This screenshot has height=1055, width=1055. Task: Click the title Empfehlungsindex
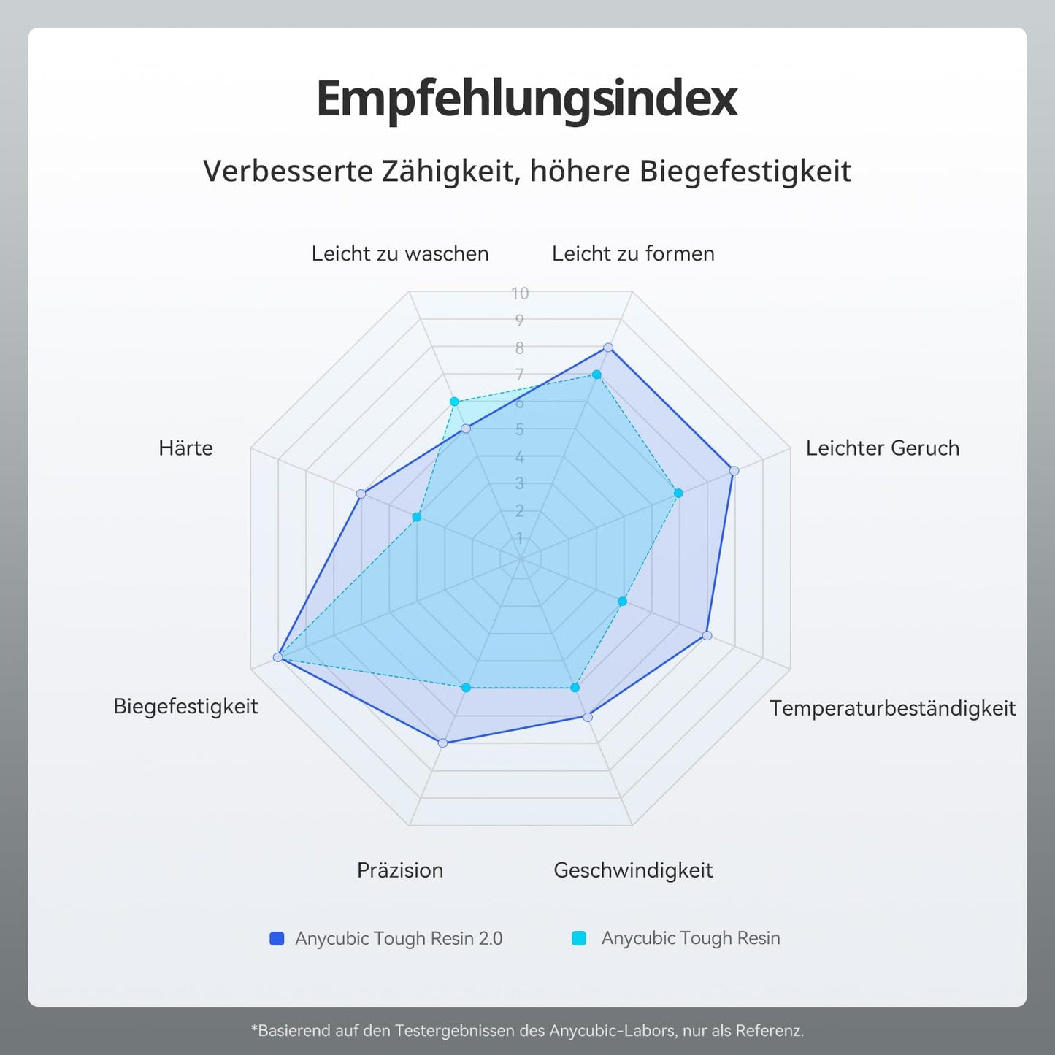click(x=526, y=99)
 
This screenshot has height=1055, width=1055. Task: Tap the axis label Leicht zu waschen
click(x=400, y=253)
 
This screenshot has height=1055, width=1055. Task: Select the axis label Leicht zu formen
click(x=633, y=253)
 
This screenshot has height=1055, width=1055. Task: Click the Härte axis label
click(x=185, y=448)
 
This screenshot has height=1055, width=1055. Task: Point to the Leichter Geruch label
click(x=882, y=448)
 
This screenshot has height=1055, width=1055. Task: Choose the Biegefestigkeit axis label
click(x=185, y=706)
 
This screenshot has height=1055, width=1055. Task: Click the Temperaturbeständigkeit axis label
click(x=892, y=707)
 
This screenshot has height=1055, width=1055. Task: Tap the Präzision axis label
click(x=400, y=870)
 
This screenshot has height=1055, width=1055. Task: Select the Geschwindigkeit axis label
click(x=633, y=870)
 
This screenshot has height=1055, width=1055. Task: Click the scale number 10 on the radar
click(x=520, y=293)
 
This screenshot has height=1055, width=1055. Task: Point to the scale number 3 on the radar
click(x=520, y=483)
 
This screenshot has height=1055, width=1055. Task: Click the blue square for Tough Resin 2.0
click(x=277, y=938)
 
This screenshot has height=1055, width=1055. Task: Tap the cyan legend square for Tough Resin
click(x=579, y=938)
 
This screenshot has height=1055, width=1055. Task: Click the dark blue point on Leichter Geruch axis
click(x=734, y=471)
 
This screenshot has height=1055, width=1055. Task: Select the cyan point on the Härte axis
click(x=417, y=517)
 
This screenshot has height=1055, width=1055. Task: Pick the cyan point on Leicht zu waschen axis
click(x=454, y=402)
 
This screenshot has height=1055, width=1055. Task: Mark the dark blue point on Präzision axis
click(x=442, y=743)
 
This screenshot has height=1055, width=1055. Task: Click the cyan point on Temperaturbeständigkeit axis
click(x=622, y=602)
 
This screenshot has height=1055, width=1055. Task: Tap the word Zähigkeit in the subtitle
click(x=450, y=172)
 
